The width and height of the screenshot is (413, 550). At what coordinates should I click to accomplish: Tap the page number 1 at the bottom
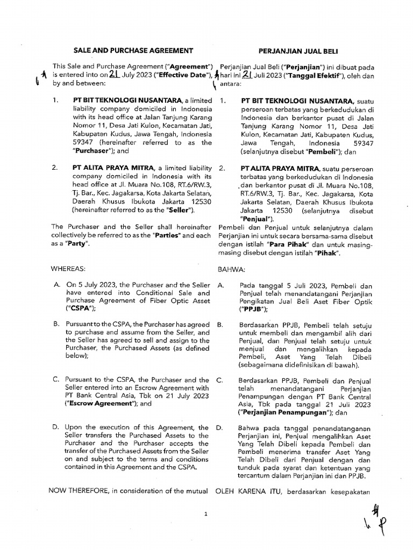tap(206, 514)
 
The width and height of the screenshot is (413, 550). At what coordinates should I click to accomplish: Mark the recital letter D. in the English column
tap(56, 428)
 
